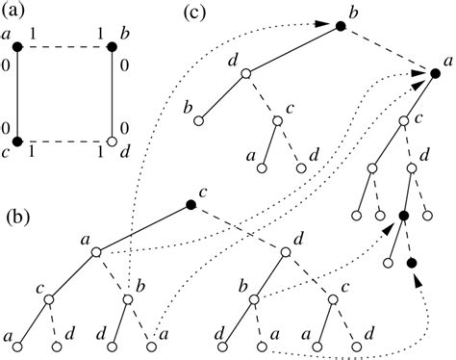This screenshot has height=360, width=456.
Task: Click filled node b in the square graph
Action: pyautogui.click(x=113, y=45)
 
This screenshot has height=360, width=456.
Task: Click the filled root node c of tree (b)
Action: pyautogui.click(x=190, y=206)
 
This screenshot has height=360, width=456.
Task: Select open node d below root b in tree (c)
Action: pyautogui.click(x=246, y=73)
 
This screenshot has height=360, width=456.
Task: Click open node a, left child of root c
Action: pyautogui.click(x=96, y=252)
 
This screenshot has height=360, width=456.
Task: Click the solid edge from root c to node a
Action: pyautogui.click(x=143, y=229)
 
